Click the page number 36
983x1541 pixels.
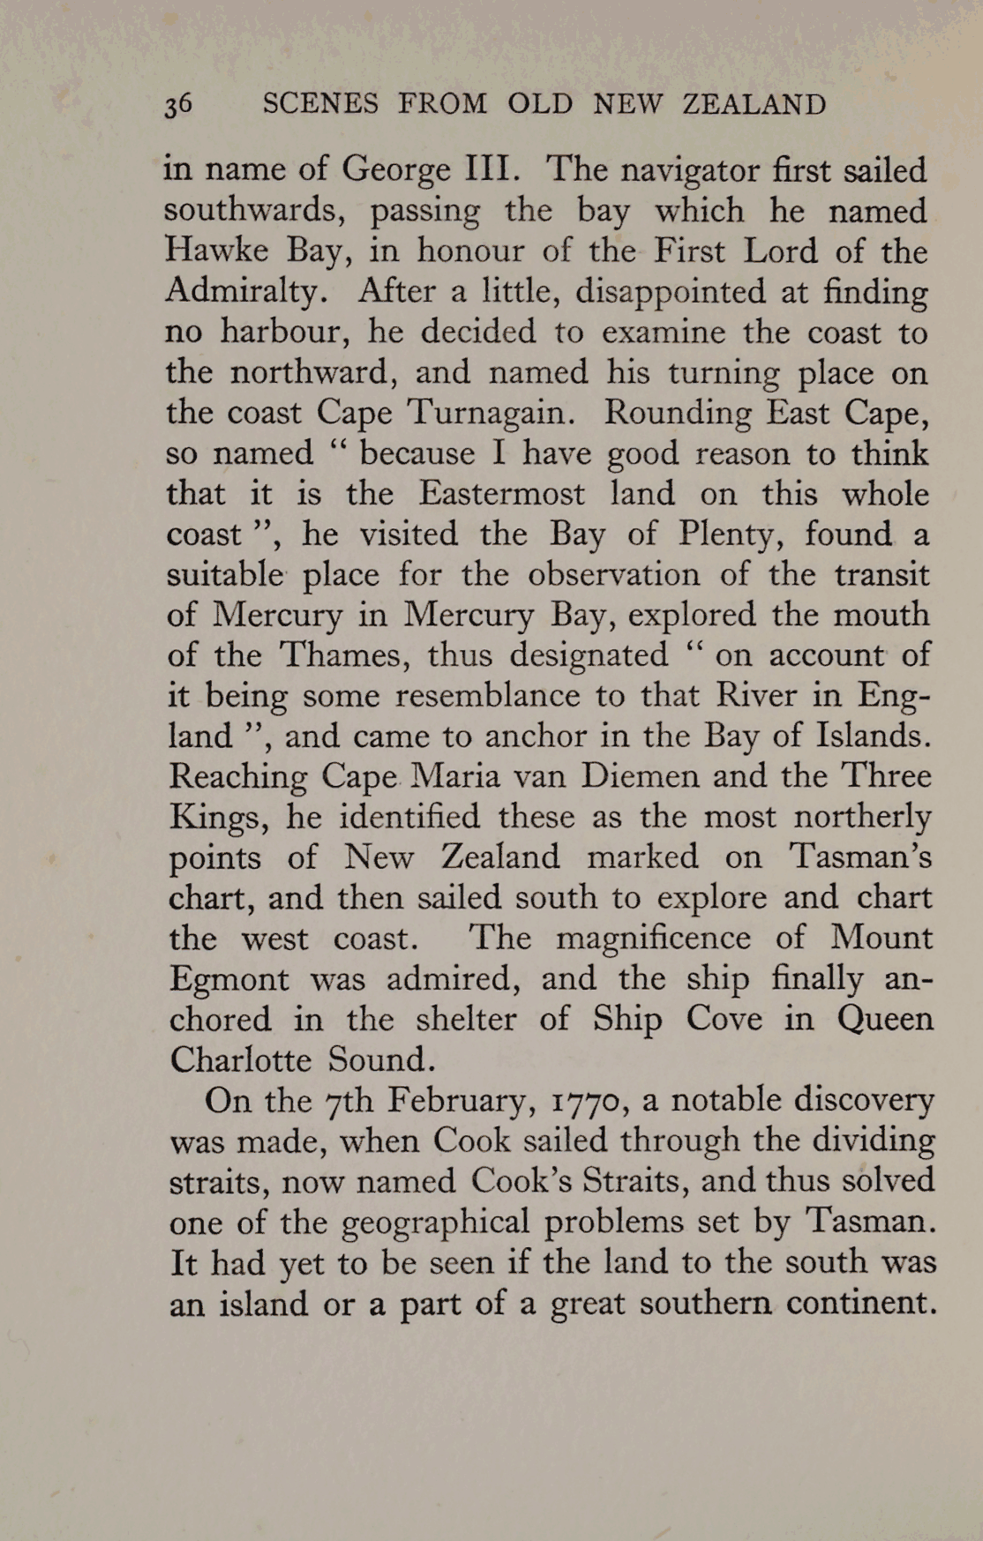tap(177, 104)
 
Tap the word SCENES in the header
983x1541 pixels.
tap(320, 104)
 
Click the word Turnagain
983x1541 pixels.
tap(490, 413)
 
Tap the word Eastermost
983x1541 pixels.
tap(501, 493)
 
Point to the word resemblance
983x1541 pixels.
tap(487, 695)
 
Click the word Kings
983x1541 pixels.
tap(218, 817)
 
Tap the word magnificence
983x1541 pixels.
tap(653, 937)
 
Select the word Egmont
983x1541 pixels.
tap(229, 979)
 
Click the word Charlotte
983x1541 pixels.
tap(240, 1059)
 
